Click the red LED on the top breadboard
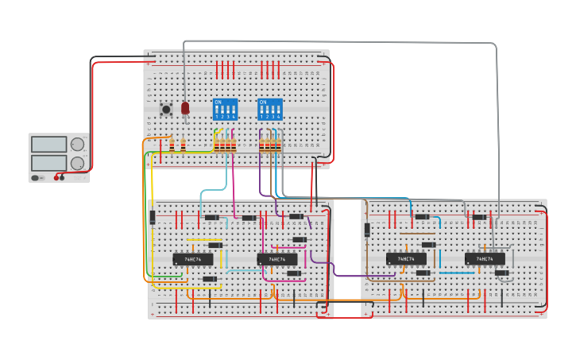tap(185, 107)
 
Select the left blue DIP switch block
tap(225, 109)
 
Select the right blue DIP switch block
tap(270, 109)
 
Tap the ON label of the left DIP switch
tap(218, 102)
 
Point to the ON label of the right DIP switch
tap(263, 102)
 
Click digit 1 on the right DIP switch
tap(261, 117)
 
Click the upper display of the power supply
tap(49, 145)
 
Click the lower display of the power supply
tap(49, 162)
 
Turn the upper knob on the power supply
tap(77, 145)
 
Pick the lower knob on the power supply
tap(77, 163)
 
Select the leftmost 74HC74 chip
tap(193, 259)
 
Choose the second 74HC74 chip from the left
tap(277, 259)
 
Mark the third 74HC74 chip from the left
tap(406, 259)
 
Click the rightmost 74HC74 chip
tap(485, 259)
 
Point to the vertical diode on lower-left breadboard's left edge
tap(152, 217)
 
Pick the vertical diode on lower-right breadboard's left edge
tap(367, 230)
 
